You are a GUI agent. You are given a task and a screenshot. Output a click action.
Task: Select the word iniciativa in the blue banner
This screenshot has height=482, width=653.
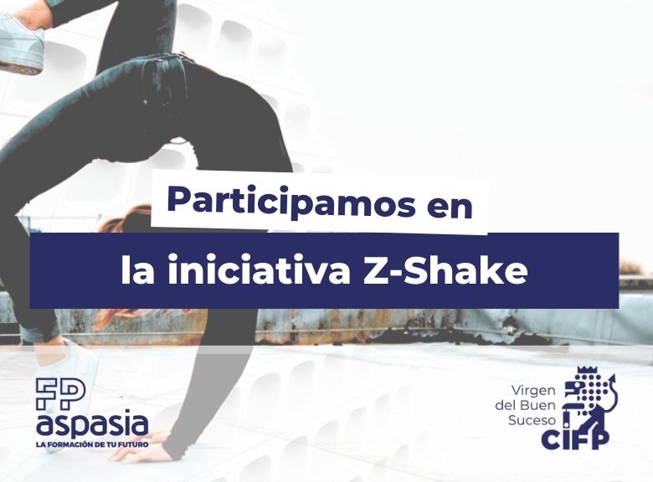pos(258,270)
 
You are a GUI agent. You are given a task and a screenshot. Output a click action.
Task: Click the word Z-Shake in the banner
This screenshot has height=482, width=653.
pos(445,270)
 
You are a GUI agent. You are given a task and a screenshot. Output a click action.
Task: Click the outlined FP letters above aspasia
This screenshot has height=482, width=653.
pos(60,393)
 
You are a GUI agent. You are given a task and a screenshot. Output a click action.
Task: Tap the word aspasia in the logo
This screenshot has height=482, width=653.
pos(92,423)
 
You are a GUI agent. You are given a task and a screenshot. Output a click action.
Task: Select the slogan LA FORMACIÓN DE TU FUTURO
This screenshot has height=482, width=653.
pos(92,444)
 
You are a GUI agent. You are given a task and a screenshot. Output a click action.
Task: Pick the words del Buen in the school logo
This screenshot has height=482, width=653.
pos(526,405)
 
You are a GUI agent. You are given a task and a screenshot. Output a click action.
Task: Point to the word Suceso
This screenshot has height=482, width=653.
pos(532,420)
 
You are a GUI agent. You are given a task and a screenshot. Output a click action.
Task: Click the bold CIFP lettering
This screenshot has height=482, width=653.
pos(574,438)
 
